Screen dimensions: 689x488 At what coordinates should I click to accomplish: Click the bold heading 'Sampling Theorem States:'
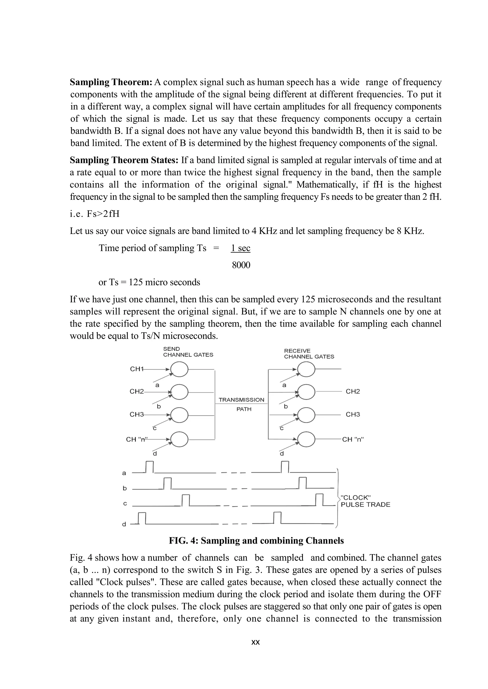124,160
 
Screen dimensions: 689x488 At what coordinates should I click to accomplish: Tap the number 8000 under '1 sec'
241,265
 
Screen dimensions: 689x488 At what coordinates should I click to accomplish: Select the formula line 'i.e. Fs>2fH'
95,214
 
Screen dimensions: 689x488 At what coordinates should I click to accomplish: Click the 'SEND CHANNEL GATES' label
188,352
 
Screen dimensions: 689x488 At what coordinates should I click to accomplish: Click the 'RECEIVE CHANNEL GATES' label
309,354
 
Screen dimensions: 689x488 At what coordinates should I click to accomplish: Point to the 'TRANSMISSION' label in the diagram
241,400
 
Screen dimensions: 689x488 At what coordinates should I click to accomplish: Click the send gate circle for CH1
179,369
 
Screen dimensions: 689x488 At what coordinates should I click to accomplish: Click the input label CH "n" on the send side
137,440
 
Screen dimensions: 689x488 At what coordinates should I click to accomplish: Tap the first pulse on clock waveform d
142,518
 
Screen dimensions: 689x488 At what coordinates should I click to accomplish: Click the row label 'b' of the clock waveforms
125,488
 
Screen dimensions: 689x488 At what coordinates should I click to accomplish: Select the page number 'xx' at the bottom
255,642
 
